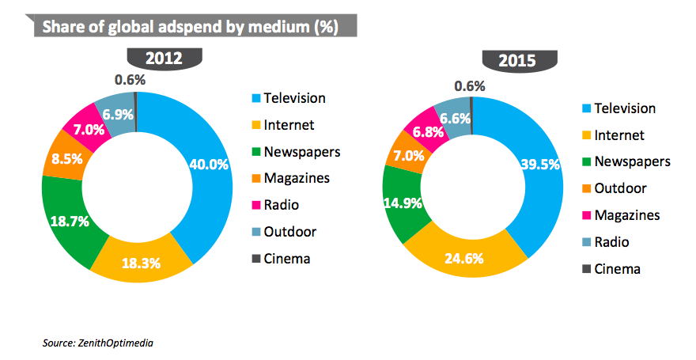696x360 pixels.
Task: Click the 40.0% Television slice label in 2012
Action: [x=209, y=165]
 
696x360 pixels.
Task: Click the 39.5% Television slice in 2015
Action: [x=541, y=165]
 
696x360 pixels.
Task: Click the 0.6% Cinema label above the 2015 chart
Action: [x=470, y=85]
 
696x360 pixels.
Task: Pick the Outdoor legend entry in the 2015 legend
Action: [x=620, y=188]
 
